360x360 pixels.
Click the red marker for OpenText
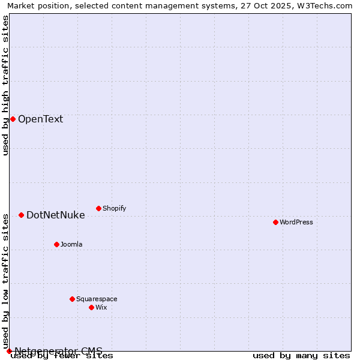[13, 119]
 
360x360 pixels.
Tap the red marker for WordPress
[275, 222]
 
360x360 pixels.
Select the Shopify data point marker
[98, 208]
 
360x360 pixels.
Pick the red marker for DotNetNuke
[21, 215]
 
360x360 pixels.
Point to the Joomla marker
[56, 244]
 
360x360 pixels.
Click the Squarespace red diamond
[72, 299]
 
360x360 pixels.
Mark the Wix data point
[91, 307]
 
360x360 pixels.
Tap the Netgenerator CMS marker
[9, 351]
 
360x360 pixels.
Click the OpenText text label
[40, 119]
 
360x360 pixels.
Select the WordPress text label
[296, 222]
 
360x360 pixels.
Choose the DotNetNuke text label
[55, 215]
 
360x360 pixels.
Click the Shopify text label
[114, 208]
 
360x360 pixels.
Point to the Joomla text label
[71, 244]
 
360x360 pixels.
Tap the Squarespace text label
[97, 299]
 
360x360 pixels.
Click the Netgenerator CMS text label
[58, 351]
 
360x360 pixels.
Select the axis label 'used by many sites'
[301, 356]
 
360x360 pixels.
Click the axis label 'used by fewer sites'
[62, 356]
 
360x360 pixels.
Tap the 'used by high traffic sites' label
[5, 85]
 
